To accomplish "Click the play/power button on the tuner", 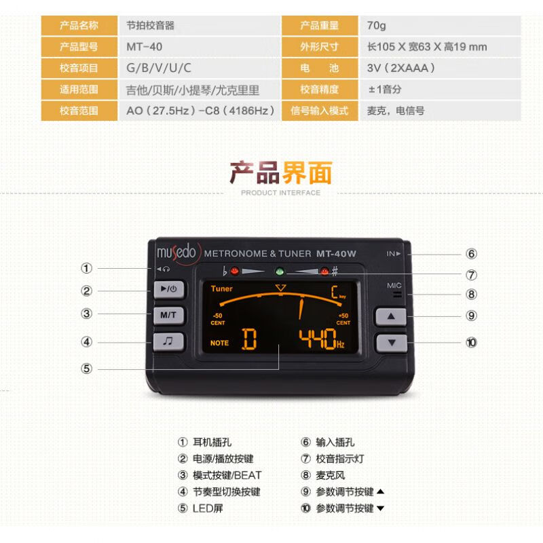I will click(168, 289).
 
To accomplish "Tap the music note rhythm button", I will click(168, 341).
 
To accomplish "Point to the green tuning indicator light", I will click(278, 271).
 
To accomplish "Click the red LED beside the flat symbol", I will click(235, 271).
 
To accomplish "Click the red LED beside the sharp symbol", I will click(324, 271).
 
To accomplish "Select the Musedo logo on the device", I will click(176, 252).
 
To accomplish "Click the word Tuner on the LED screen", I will click(221, 288).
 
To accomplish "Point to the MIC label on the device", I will click(395, 286).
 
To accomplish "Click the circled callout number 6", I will click(471, 254).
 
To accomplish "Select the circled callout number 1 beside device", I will click(86, 268).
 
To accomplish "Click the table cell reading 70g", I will click(377, 26).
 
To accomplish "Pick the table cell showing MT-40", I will click(144, 47).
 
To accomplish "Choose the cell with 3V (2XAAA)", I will click(400, 68).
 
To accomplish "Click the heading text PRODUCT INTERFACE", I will click(280, 193).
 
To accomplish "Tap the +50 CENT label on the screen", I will click(343, 319).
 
